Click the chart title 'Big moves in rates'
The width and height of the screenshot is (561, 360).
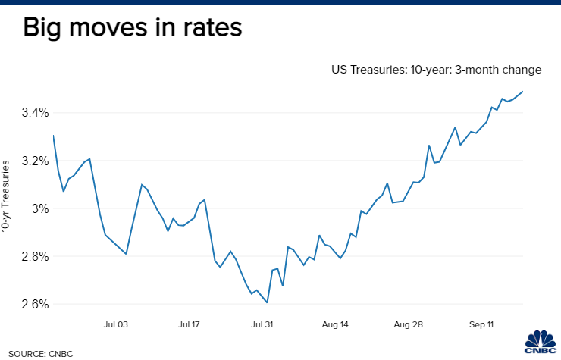(132, 28)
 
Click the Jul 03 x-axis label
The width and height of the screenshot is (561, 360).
(115, 324)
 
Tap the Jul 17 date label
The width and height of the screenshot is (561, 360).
(189, 324)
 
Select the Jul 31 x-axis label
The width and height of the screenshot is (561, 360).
(262, 324)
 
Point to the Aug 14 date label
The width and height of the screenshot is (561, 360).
(335, 324)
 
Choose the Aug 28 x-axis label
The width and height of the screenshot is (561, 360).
(408, 324)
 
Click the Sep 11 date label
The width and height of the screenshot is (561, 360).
(481, 324)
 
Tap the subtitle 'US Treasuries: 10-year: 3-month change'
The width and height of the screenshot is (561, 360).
(435, 70)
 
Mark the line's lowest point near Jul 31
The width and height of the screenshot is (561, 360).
(268, 302)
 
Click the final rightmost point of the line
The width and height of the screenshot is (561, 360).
(523, 92)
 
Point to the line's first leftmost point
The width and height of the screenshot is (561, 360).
(53, 136)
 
